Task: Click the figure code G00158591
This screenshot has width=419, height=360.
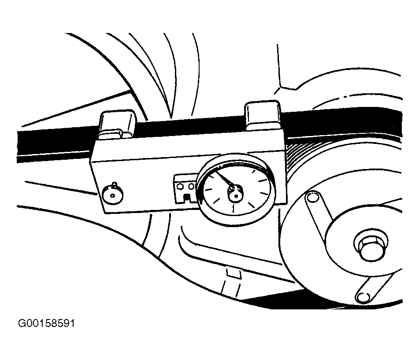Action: tap(47, 324)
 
